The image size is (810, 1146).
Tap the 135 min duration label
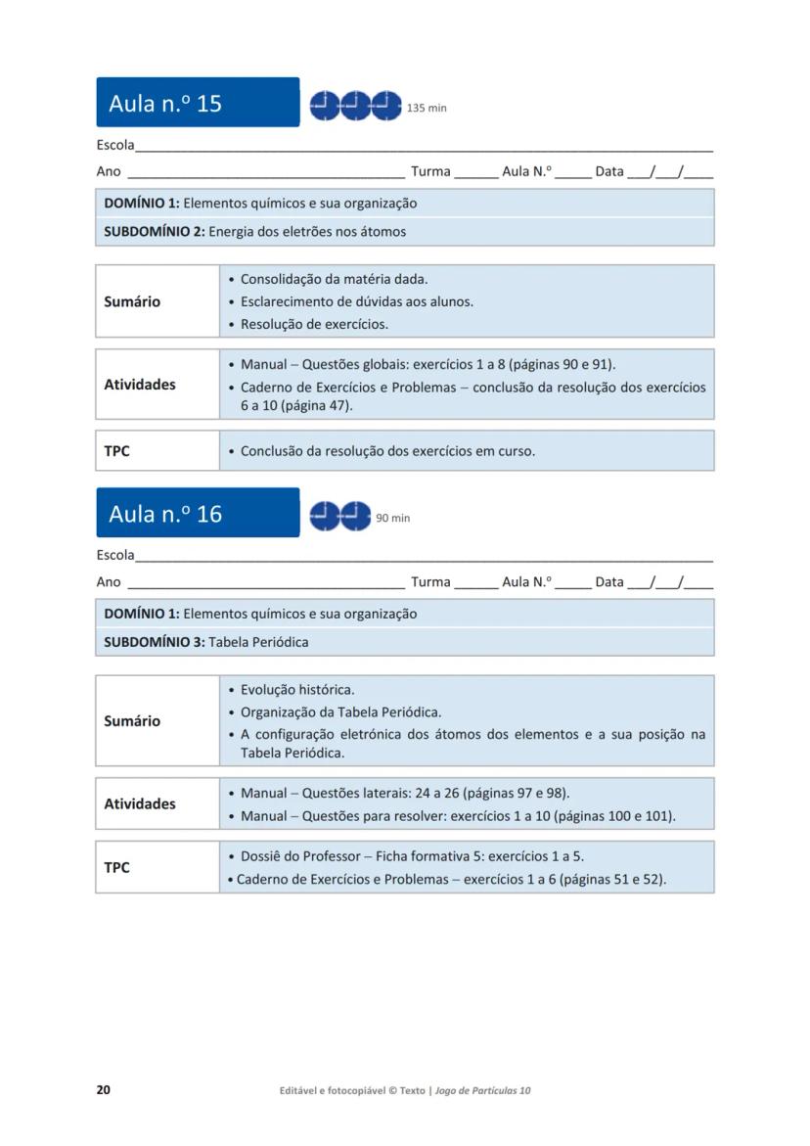tap(427, 108)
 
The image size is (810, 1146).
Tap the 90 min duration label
tap(393, 518)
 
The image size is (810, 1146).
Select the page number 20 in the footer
tap(103, 1090)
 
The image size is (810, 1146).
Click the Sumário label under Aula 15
tap(132, 301)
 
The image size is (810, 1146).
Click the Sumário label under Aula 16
tap(132, 721)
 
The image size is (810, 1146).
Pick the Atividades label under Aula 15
tap(140, 385)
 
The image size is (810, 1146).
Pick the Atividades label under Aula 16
tap(140, 803)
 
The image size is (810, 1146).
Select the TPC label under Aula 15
tap(116, 451)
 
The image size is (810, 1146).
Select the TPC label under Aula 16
tap(116, 867)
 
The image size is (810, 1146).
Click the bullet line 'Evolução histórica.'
tap(297, 690)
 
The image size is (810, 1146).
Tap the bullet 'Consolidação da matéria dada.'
tap(334, 279)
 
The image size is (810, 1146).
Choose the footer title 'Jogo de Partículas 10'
tap(483, 1090)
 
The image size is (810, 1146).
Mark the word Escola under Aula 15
tap(115, 145)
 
